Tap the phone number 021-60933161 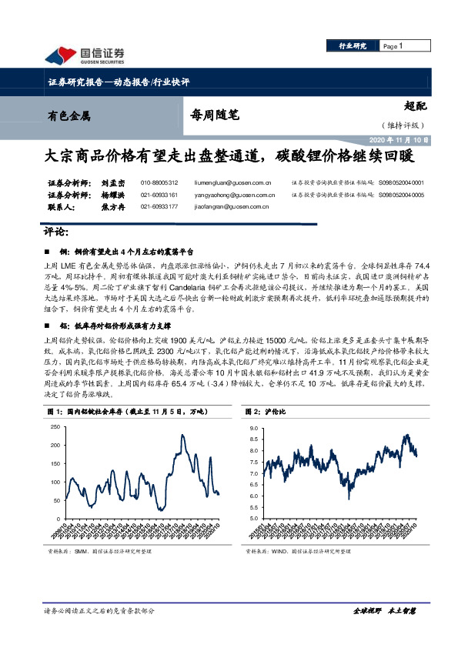(x=159, y=195)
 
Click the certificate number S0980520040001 (x=401, y=183)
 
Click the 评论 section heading (x=58, y=232)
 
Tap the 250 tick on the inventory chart (x=53, y=426)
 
